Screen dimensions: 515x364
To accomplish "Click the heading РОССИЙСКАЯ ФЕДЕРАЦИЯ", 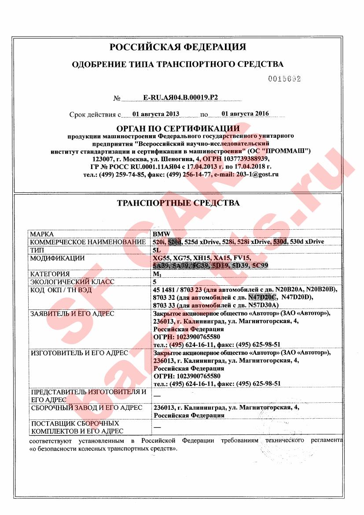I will click(177, 47).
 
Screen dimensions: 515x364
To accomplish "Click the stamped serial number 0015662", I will click(284, 79).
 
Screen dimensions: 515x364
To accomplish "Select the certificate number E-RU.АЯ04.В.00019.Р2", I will click(180, 99).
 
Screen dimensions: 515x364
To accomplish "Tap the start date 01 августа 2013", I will click(156, 114).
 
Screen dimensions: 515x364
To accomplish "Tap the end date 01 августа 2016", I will click(245, 114).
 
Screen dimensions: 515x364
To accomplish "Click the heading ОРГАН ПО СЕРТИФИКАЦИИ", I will click(177, 129).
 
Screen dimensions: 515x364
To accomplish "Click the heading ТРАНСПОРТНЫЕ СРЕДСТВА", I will click(178, 203).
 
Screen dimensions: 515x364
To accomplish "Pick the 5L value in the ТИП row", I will click(156, 250).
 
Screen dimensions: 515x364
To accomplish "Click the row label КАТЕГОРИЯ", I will click(50, 274).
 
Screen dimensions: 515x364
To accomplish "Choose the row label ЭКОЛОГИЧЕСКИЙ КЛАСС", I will click(72, 282).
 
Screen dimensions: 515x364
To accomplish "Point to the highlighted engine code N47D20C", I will click(262, 298).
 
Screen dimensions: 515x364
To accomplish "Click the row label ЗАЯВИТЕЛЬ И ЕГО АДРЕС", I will click(72, 314).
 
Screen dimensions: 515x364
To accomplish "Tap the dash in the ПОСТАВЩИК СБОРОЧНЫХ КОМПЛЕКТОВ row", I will click(156, 427).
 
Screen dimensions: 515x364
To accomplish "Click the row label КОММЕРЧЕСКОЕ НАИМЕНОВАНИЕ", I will click(88, 242).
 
